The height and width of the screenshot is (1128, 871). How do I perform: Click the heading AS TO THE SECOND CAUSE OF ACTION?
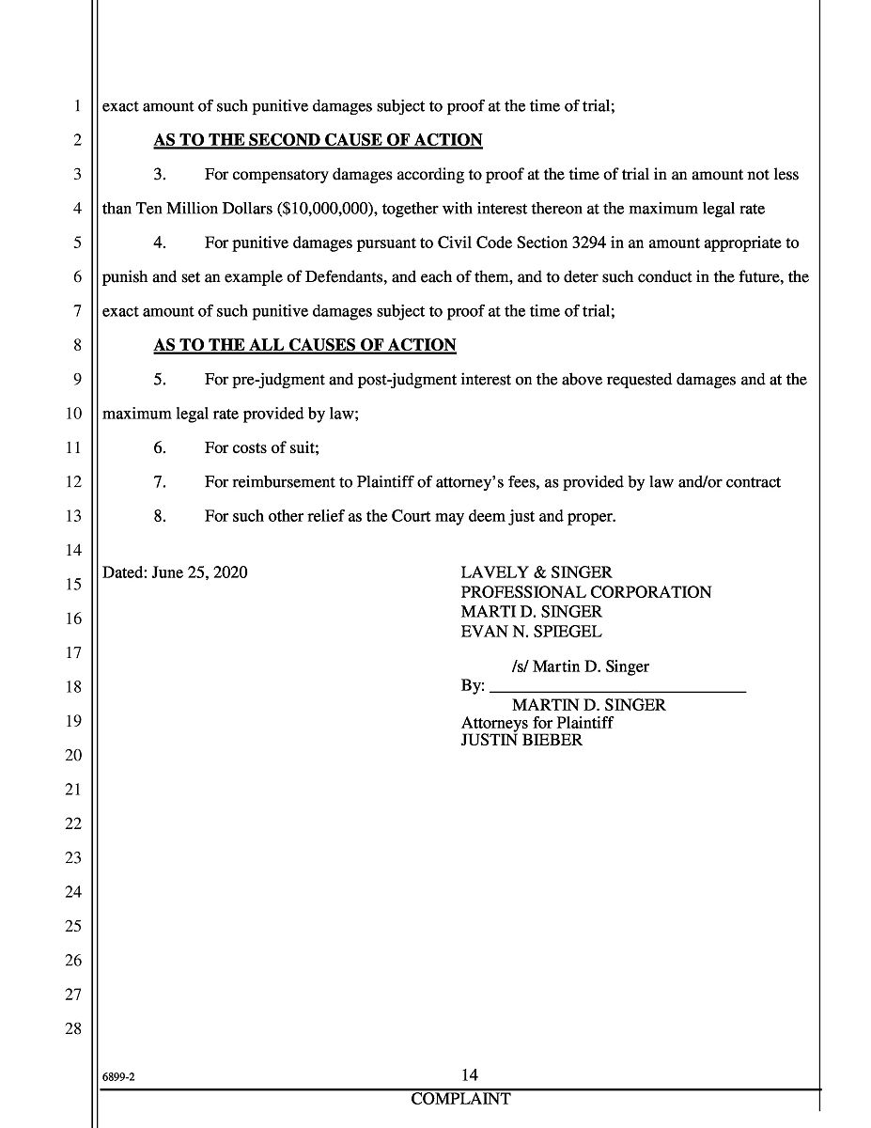[x=318, y=140]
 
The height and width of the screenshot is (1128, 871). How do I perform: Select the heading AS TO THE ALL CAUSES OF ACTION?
[x=304, y=345]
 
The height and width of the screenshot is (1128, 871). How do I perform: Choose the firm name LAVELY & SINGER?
[x=536, y=572]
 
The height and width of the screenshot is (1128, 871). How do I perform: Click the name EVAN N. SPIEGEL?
[x=531, y=632]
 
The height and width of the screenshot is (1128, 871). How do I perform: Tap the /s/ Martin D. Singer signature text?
[x=580, y=666]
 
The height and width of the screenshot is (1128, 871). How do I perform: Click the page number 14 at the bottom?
[x=470, y=1075]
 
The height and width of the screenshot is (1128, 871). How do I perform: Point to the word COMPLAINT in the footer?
[x=460, y=1099]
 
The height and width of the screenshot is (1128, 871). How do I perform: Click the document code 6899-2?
[x=119, y=1079]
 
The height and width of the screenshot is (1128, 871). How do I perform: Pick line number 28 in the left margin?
[x=73, y=1028]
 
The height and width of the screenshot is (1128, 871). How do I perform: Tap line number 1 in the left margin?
[x=76, y=106]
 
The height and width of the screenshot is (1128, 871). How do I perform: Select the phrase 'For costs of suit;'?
[x=263, y=447]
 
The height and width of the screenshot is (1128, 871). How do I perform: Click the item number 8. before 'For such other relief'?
[x=160, y=516]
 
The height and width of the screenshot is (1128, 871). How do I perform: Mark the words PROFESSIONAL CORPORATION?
[x=585, y=592]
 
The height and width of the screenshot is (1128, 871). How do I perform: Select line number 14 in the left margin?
[x=73, y=550]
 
